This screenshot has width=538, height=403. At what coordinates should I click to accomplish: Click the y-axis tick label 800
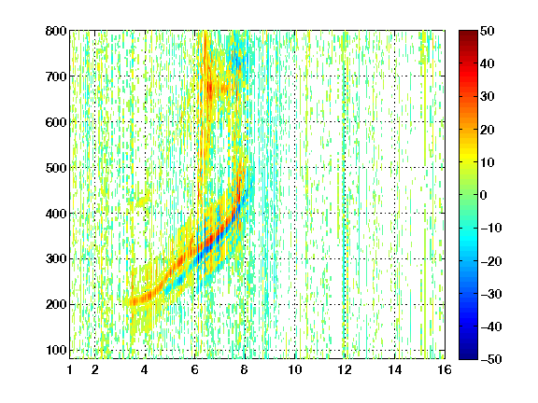coord(56,31)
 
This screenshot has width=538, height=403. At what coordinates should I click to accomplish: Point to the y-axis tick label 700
coord(56,76)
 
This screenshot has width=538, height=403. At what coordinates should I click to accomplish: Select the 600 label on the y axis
coord(56,122)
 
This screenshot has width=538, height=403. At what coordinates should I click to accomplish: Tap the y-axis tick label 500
coord(56,168)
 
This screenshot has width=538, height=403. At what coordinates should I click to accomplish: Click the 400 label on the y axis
coord(56,214)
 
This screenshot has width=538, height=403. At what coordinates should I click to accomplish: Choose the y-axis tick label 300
coord(56,259)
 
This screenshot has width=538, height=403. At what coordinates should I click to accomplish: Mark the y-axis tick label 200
coord(56,305)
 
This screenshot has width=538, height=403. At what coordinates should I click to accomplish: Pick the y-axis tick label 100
coord(56,350)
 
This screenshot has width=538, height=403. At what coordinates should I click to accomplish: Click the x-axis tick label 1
coord(70,369)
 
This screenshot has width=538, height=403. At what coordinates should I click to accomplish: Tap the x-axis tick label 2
coord(95,369)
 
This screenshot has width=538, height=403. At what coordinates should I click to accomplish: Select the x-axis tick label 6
coord(195,369)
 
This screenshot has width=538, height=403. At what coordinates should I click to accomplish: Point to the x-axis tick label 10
coord(295,369)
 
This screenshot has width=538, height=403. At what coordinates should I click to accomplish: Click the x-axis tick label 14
coord(395,369)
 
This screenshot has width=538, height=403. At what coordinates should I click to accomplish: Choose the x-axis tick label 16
coord(445,369)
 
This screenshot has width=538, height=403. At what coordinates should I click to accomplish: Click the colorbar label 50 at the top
coord(487,31)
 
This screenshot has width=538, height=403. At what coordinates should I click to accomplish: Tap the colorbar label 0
coord(483,195)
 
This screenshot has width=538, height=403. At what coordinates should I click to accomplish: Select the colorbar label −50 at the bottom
coord(491,359)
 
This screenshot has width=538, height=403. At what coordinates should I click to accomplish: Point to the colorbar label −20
coord(491,261)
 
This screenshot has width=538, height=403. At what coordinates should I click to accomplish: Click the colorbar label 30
coord(487,96)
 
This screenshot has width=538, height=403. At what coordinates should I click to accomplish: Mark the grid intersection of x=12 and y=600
coord(345,122)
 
